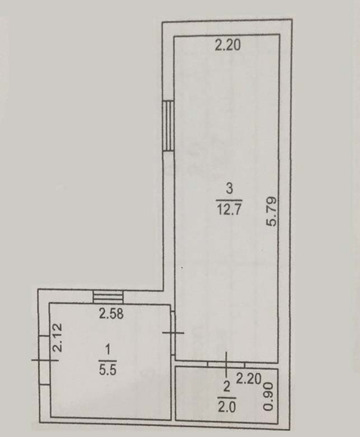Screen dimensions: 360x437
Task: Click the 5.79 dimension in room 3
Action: coord(271,212)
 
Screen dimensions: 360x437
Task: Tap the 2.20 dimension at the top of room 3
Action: coord(227,45)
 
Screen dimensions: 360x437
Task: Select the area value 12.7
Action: coord(229,210)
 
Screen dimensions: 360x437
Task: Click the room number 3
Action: coord(229,189)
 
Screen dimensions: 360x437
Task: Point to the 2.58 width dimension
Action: coord(111,314)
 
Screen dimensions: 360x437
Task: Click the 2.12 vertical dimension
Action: coord(58,337)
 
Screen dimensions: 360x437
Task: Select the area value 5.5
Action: coord(107,370)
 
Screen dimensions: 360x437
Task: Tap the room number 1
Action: coord(107,350)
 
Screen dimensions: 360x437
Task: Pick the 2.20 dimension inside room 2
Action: coord(249,379)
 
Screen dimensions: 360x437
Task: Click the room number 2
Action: coord(227,387)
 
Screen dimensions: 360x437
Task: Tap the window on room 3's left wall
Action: coord(168,125)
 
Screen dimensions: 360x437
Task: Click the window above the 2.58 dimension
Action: coord(107,297)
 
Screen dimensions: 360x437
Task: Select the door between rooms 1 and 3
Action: coord(173,333)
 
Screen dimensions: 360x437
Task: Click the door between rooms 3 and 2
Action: coord(226,364)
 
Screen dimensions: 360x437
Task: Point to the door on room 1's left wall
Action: coord(45,360)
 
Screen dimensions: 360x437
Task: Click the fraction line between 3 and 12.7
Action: coord(229,200)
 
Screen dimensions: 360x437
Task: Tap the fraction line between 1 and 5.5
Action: coord(107,361)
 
